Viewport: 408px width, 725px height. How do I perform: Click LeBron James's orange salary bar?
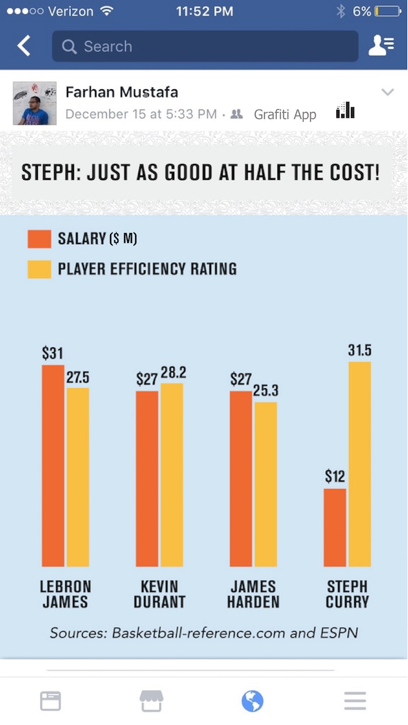click(52, 466)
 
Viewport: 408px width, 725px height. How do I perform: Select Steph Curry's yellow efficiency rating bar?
click(360, 464)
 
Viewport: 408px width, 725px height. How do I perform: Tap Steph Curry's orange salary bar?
click(335, 527)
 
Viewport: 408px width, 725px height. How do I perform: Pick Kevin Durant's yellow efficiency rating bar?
click(171, 475)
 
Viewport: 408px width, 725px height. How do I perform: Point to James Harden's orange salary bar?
click(241, 479)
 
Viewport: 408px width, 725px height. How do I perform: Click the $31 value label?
click(52, 353)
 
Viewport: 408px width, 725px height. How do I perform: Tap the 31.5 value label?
click(360, 350)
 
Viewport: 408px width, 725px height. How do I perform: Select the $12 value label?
click(335, 477)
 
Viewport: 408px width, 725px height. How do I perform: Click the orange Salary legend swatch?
click(39, 239)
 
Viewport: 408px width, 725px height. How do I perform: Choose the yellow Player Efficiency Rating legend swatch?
click(39, 269)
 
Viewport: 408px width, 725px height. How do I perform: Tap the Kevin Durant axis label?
click(159, 594)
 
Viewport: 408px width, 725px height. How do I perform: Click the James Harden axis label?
click(253, 594)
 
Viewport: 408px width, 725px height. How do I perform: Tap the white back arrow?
click(24, 46)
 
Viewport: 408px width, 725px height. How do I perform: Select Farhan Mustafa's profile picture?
click(34, 103)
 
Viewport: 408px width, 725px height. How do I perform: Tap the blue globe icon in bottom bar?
click(252, 700)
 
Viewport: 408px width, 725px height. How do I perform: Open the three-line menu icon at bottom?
click(354, 700)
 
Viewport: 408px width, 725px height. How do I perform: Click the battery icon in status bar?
click(388, 11)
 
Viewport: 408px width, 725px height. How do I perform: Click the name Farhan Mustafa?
click(122, 92)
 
